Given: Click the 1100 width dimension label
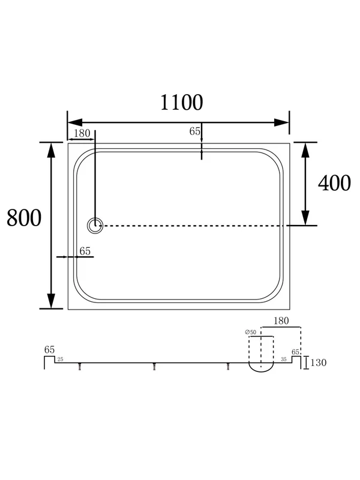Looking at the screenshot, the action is click(x=181, y=102).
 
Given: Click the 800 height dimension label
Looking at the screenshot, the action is click(x=24, y=218).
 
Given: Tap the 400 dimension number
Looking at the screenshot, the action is click(x=334, y=183).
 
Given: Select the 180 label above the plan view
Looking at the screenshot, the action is click(x=82, y=133).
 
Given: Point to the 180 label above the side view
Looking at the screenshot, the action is click(x=281, y=320).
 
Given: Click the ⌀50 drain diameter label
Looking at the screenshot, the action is click(x=250, y=332).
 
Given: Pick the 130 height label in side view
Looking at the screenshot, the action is click(x=319, y=362).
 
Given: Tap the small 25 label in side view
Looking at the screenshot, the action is click(x=61, y=359).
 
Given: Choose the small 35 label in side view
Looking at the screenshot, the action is click(x=283, y=359).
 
